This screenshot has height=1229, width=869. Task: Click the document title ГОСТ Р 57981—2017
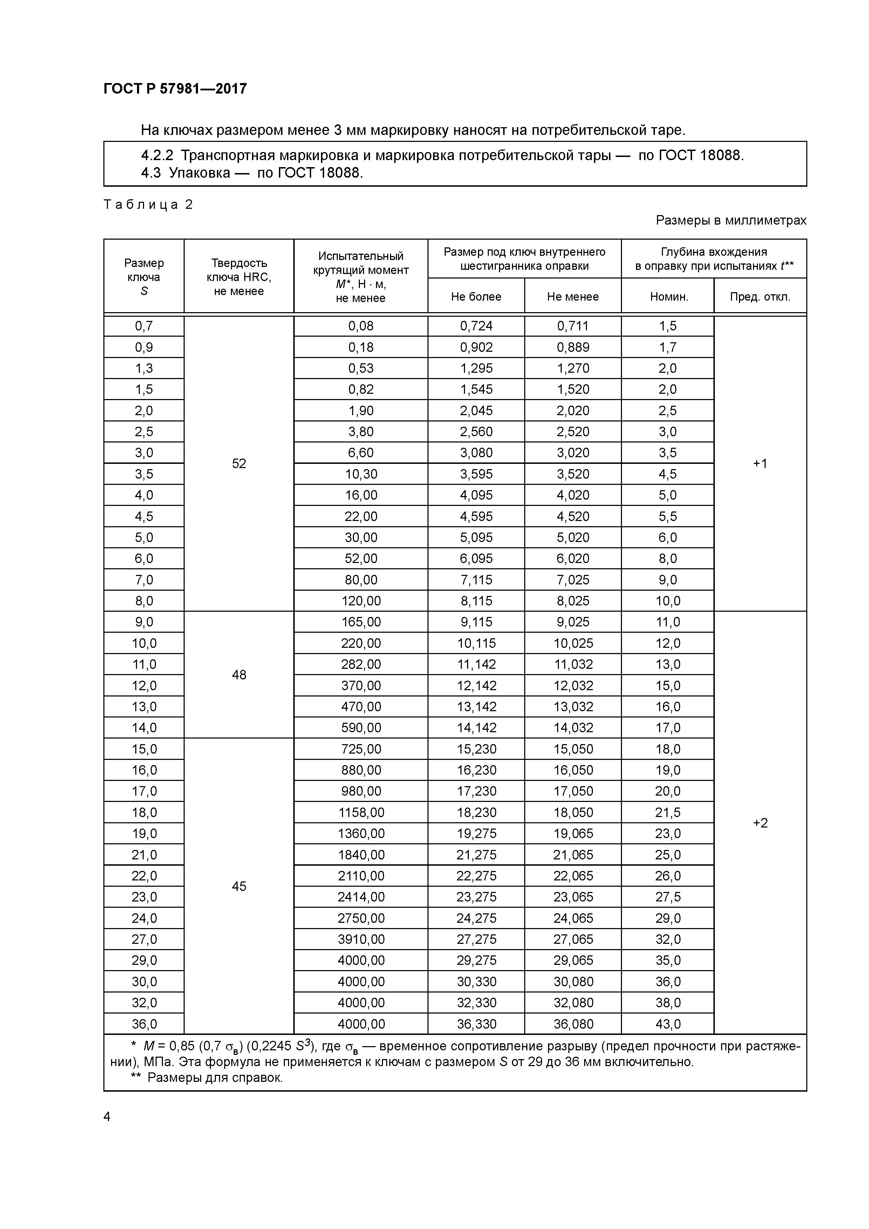[x=175, y=89]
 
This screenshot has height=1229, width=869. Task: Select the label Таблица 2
[x=148, y=205]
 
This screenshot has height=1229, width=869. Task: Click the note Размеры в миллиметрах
[x=731, y=220]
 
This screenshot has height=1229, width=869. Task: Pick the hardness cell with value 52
[x=239, y=464]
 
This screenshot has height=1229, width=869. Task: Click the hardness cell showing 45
[x=239, y=886]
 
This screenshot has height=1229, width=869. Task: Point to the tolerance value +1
[x=760, y=464]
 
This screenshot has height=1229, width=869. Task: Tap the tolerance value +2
[x=760, y=823]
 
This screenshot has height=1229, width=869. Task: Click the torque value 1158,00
[x=361, y=812]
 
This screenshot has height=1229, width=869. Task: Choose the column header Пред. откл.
[x=760, y=297]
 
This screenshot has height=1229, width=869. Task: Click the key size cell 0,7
[x=144, y=326]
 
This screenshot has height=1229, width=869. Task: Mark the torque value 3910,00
[x=361, y=939]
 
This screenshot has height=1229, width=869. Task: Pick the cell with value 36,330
[x=476, y=1024]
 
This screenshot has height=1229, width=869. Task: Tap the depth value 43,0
[x=668, y=1024]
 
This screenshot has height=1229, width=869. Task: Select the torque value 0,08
[x=361, y=326]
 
